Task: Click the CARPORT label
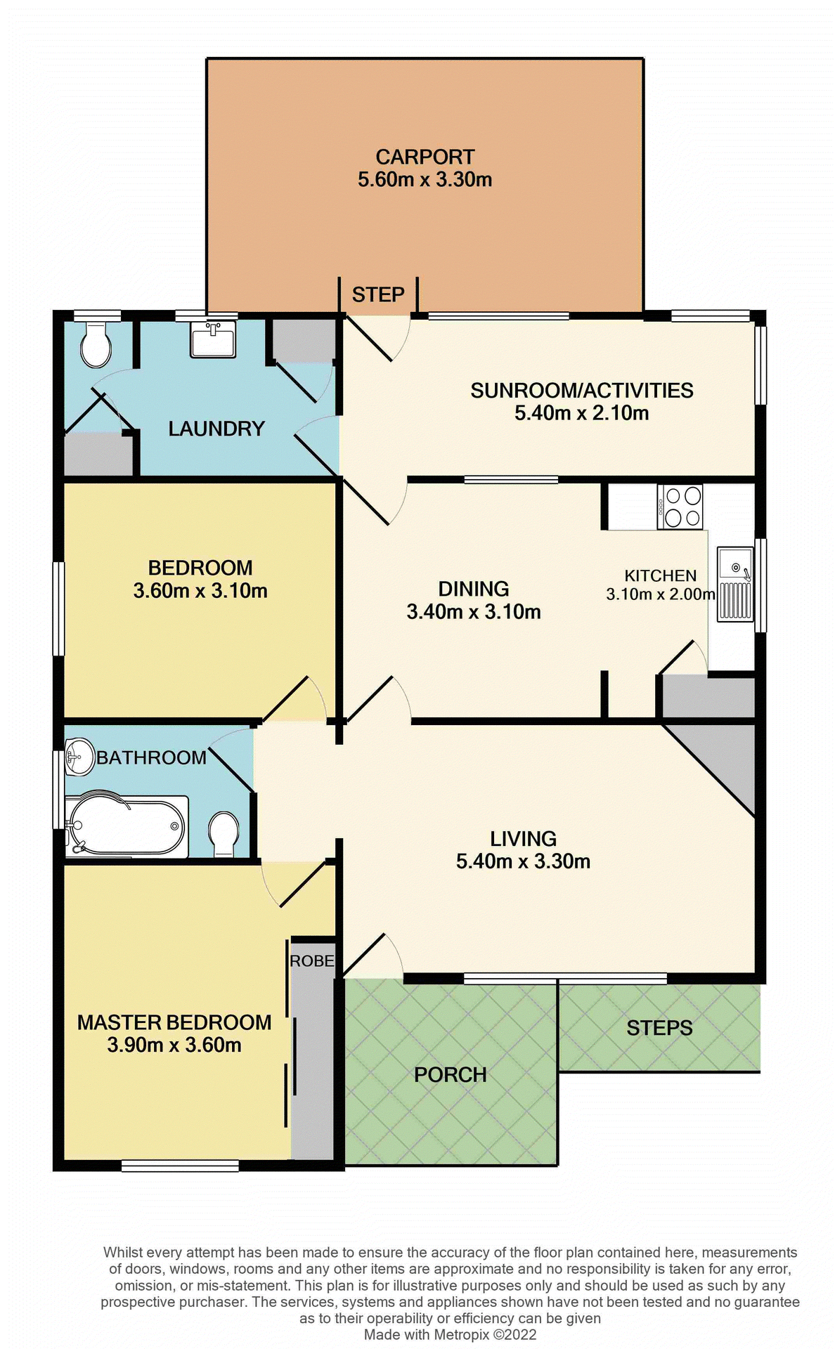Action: (x=425, y=157)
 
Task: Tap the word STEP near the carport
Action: (x=378, y=294)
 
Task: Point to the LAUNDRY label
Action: (x=216, y=429)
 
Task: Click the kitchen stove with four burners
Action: (x=680, y=507)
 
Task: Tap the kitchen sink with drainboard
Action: (x=735, y=585)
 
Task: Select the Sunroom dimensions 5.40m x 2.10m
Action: (x=581, y=413)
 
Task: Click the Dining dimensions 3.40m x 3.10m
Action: (x=474, y=612)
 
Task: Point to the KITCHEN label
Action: (x=660, y=575)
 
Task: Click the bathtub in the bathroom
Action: (x=127, y=826)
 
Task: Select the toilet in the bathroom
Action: (x=224, y=833)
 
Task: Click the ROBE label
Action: (x=311, y=960)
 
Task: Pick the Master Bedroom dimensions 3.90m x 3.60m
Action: (x=174, y=1045)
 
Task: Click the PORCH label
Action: (x=450, y=1074)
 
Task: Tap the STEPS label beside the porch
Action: (x=659, y=1028)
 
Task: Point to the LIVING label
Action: (x=523, y=838)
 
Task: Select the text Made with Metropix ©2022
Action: (x=450, y=1334)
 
